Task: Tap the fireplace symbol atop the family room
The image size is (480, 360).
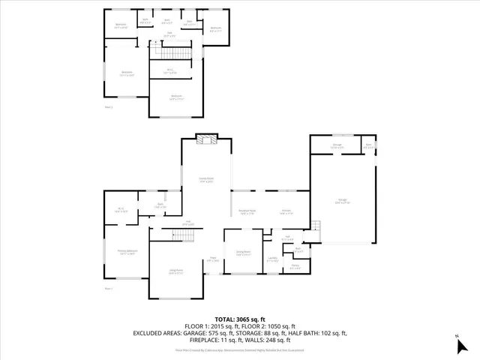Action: coord(206,138)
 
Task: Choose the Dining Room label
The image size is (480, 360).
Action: coord(243,253)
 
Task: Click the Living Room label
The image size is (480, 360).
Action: coord(176,272)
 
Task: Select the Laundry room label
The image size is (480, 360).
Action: coord(272,259)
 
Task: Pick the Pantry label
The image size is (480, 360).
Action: coord(295,266)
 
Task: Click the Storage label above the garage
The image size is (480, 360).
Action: coord(337,146)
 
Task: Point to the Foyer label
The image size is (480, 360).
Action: coord(213,259)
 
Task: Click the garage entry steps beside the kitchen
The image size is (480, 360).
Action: coord(316,226)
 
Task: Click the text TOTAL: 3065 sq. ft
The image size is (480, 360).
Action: coord(240,319)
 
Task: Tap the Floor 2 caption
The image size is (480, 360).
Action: coord(109,107)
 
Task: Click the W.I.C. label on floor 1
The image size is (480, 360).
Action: coord(120,210)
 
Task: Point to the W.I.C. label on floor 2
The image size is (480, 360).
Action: coord(171,71)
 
